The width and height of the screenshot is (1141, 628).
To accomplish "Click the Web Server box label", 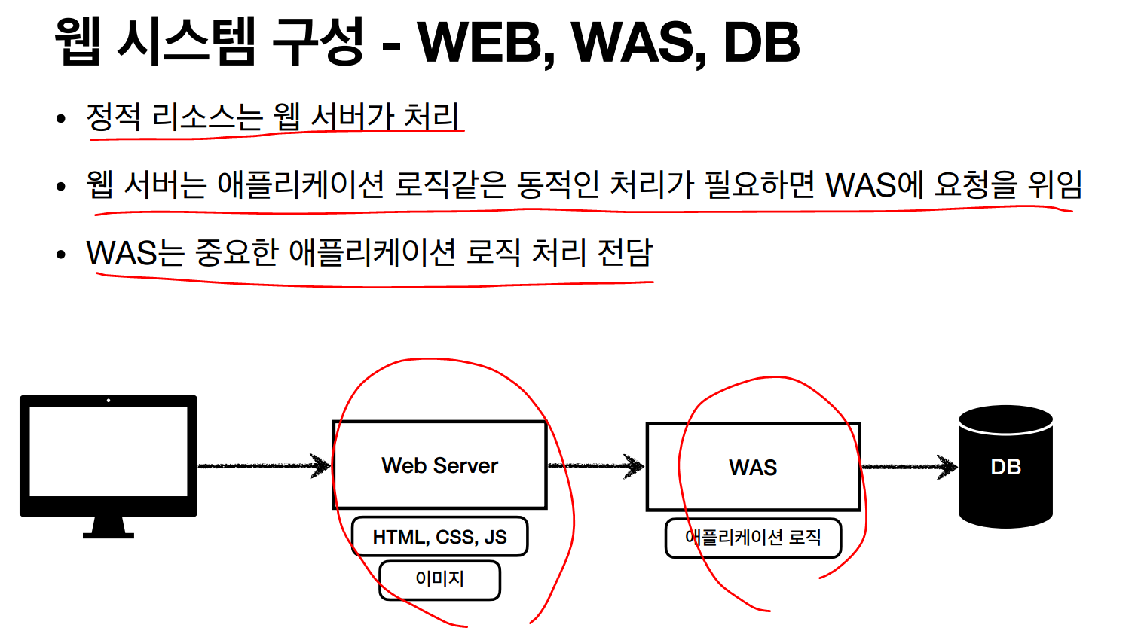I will pyautogui.click(x=439, y=465).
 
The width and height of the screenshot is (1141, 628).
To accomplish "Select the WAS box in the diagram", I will pyautogui.click(x=753, y=467).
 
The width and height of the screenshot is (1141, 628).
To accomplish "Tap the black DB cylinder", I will pyautogui.click(x=1005, y=467).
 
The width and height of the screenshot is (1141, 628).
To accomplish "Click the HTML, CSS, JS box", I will pyautogui.click(x=439, y=537).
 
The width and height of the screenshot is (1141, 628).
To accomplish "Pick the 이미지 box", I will pyautogui.click(x=439, y=579).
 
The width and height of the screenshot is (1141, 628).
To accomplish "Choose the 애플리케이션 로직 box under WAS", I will pyautogui.click(x=753, y=538).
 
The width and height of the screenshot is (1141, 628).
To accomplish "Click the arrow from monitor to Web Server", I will pyautogui.click(x=264, y=466).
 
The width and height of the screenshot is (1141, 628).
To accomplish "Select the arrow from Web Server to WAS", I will pyautogui.click(x=595, y=466).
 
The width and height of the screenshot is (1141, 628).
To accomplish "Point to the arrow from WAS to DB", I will pyautogui.click(x=908, y=467).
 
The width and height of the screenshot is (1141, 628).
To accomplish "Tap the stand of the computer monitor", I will pyautogui.click(x=109, y=526).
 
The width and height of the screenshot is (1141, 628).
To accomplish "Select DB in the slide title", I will pyautogui.click(x=761, y=42).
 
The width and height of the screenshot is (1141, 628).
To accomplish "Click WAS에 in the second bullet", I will pyautogui.click(x=873, y=184).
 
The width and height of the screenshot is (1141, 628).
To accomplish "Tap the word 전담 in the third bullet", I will pyautogui.click(x=625, y=252).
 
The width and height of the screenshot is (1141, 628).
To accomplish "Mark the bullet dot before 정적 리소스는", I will pyautogui.click(x=61, y=118).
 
